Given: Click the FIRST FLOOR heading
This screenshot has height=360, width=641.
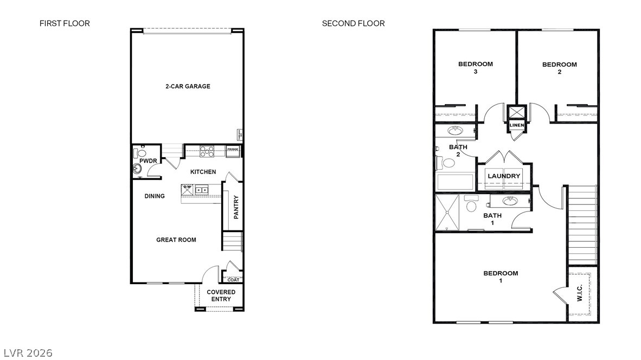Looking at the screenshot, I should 65,23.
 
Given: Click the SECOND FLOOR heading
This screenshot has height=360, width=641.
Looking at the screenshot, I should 353,23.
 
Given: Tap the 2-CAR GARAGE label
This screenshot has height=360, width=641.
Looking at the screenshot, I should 188,86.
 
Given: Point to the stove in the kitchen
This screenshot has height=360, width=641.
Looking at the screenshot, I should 207,151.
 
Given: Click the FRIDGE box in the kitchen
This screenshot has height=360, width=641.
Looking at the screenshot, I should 233,150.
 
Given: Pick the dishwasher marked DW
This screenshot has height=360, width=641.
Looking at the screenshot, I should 187,189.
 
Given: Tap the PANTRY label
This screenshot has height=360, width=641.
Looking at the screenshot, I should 236,207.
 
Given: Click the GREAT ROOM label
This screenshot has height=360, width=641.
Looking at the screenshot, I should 176,240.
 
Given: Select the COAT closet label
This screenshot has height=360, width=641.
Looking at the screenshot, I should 233,280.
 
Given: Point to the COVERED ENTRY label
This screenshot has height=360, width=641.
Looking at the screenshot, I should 221,295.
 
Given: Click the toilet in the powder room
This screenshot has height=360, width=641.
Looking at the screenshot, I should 142,153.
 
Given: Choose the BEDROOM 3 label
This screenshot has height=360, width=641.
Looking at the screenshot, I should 476,68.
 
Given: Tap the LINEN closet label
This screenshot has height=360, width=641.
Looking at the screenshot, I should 516,126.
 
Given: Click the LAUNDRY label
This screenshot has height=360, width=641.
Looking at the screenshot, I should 504,176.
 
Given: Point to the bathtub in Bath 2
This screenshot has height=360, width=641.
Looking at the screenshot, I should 456,182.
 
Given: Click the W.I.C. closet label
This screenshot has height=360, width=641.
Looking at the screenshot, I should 580,293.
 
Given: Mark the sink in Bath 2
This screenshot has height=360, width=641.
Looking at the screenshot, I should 454,131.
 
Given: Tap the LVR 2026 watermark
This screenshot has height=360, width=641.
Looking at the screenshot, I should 27,353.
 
